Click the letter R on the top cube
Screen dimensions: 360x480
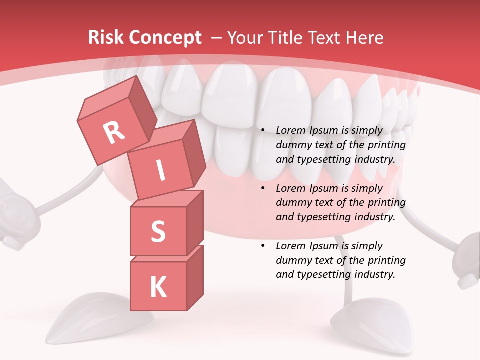[114, 132]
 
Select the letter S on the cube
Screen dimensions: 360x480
[158, 231]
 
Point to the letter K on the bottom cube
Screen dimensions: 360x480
[158, 287]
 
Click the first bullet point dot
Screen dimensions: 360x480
[263, 130]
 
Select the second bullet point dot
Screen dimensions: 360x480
[263, 188]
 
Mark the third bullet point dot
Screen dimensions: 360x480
[263, 246]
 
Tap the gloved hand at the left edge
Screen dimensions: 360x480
[12, 215]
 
